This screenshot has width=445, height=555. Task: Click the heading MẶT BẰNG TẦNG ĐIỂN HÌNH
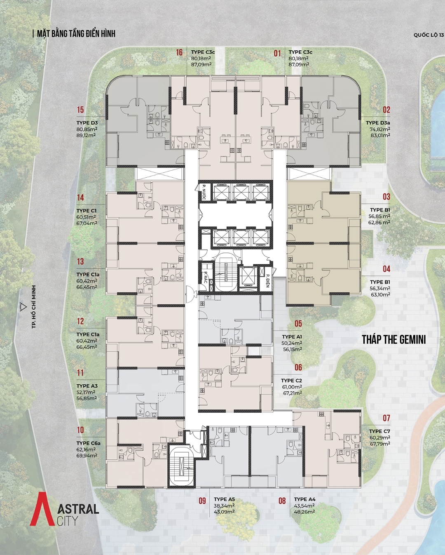(x=76, y=34)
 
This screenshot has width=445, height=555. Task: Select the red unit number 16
(x=179, y=52)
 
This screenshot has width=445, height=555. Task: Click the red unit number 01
(x=277, y=53)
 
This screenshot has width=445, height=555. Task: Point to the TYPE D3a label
(x=378, y=123)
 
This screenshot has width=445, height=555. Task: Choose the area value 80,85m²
(x=87, y=129)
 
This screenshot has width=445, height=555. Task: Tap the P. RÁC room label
(x=206, y=277)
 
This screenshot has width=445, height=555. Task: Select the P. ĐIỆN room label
(x=268, y=280)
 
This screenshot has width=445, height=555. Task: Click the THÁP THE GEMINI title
(x=394, y=340)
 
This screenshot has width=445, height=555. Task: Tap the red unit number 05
(x=298, y=324)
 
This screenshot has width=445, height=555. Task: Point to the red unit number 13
(x=80, y=261)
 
